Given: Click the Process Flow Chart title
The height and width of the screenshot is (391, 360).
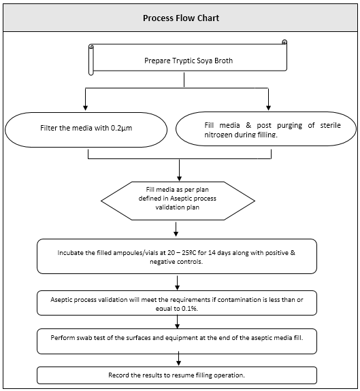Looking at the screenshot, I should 180,18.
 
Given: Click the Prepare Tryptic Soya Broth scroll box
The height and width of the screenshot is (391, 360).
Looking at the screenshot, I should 188,60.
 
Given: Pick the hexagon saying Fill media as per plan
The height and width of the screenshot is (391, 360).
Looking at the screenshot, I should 178,200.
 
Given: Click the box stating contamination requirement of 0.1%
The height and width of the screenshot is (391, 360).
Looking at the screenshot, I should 178,302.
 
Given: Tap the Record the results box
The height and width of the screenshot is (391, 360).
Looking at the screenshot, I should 178,375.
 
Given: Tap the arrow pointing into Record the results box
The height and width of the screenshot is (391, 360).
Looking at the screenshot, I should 178,361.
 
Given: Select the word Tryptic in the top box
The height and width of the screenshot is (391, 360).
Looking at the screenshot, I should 174,60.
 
